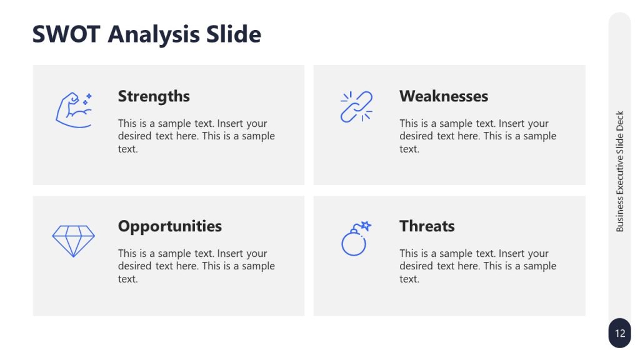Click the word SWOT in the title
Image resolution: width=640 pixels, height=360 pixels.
pyautogui.click(x=66, y=34)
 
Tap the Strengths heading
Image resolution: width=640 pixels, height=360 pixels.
pyautogui.click(x=154, y=96)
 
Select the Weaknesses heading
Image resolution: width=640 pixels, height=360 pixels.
pyautogui.click(x=444, y=96)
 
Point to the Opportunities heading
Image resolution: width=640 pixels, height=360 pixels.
pyautogui.click(x=170, y=226)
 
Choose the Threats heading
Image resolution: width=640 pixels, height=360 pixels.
pyautogui.click(x=427, y=226)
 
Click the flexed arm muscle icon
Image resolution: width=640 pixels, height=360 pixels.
pyautogui.click(x=73, y=111)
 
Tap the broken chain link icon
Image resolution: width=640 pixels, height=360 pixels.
pyautogui.click(x=356, y=106)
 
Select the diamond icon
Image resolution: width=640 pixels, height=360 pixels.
pyautogui.click(x=73, y=241)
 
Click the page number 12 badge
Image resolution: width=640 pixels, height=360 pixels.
pyautogui.click(x=619, y=333)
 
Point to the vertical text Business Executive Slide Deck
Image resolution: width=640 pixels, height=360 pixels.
pyautogui.click(x=620, y=172)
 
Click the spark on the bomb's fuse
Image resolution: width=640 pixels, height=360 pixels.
pyautogui.click(x=366, y=226)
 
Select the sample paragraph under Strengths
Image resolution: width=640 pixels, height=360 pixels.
pyautogui.click(x=196, y=136)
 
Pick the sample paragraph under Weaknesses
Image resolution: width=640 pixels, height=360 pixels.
pyautogui.click(x=477, y=136)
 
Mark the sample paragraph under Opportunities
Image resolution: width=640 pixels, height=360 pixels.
pyautogui.click(x=196, y=266)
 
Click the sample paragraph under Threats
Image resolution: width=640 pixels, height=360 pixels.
pyautogui.click(x=477, y=266)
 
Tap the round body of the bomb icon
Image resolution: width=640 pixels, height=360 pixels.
pyautogui.click(x=353, y=244)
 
